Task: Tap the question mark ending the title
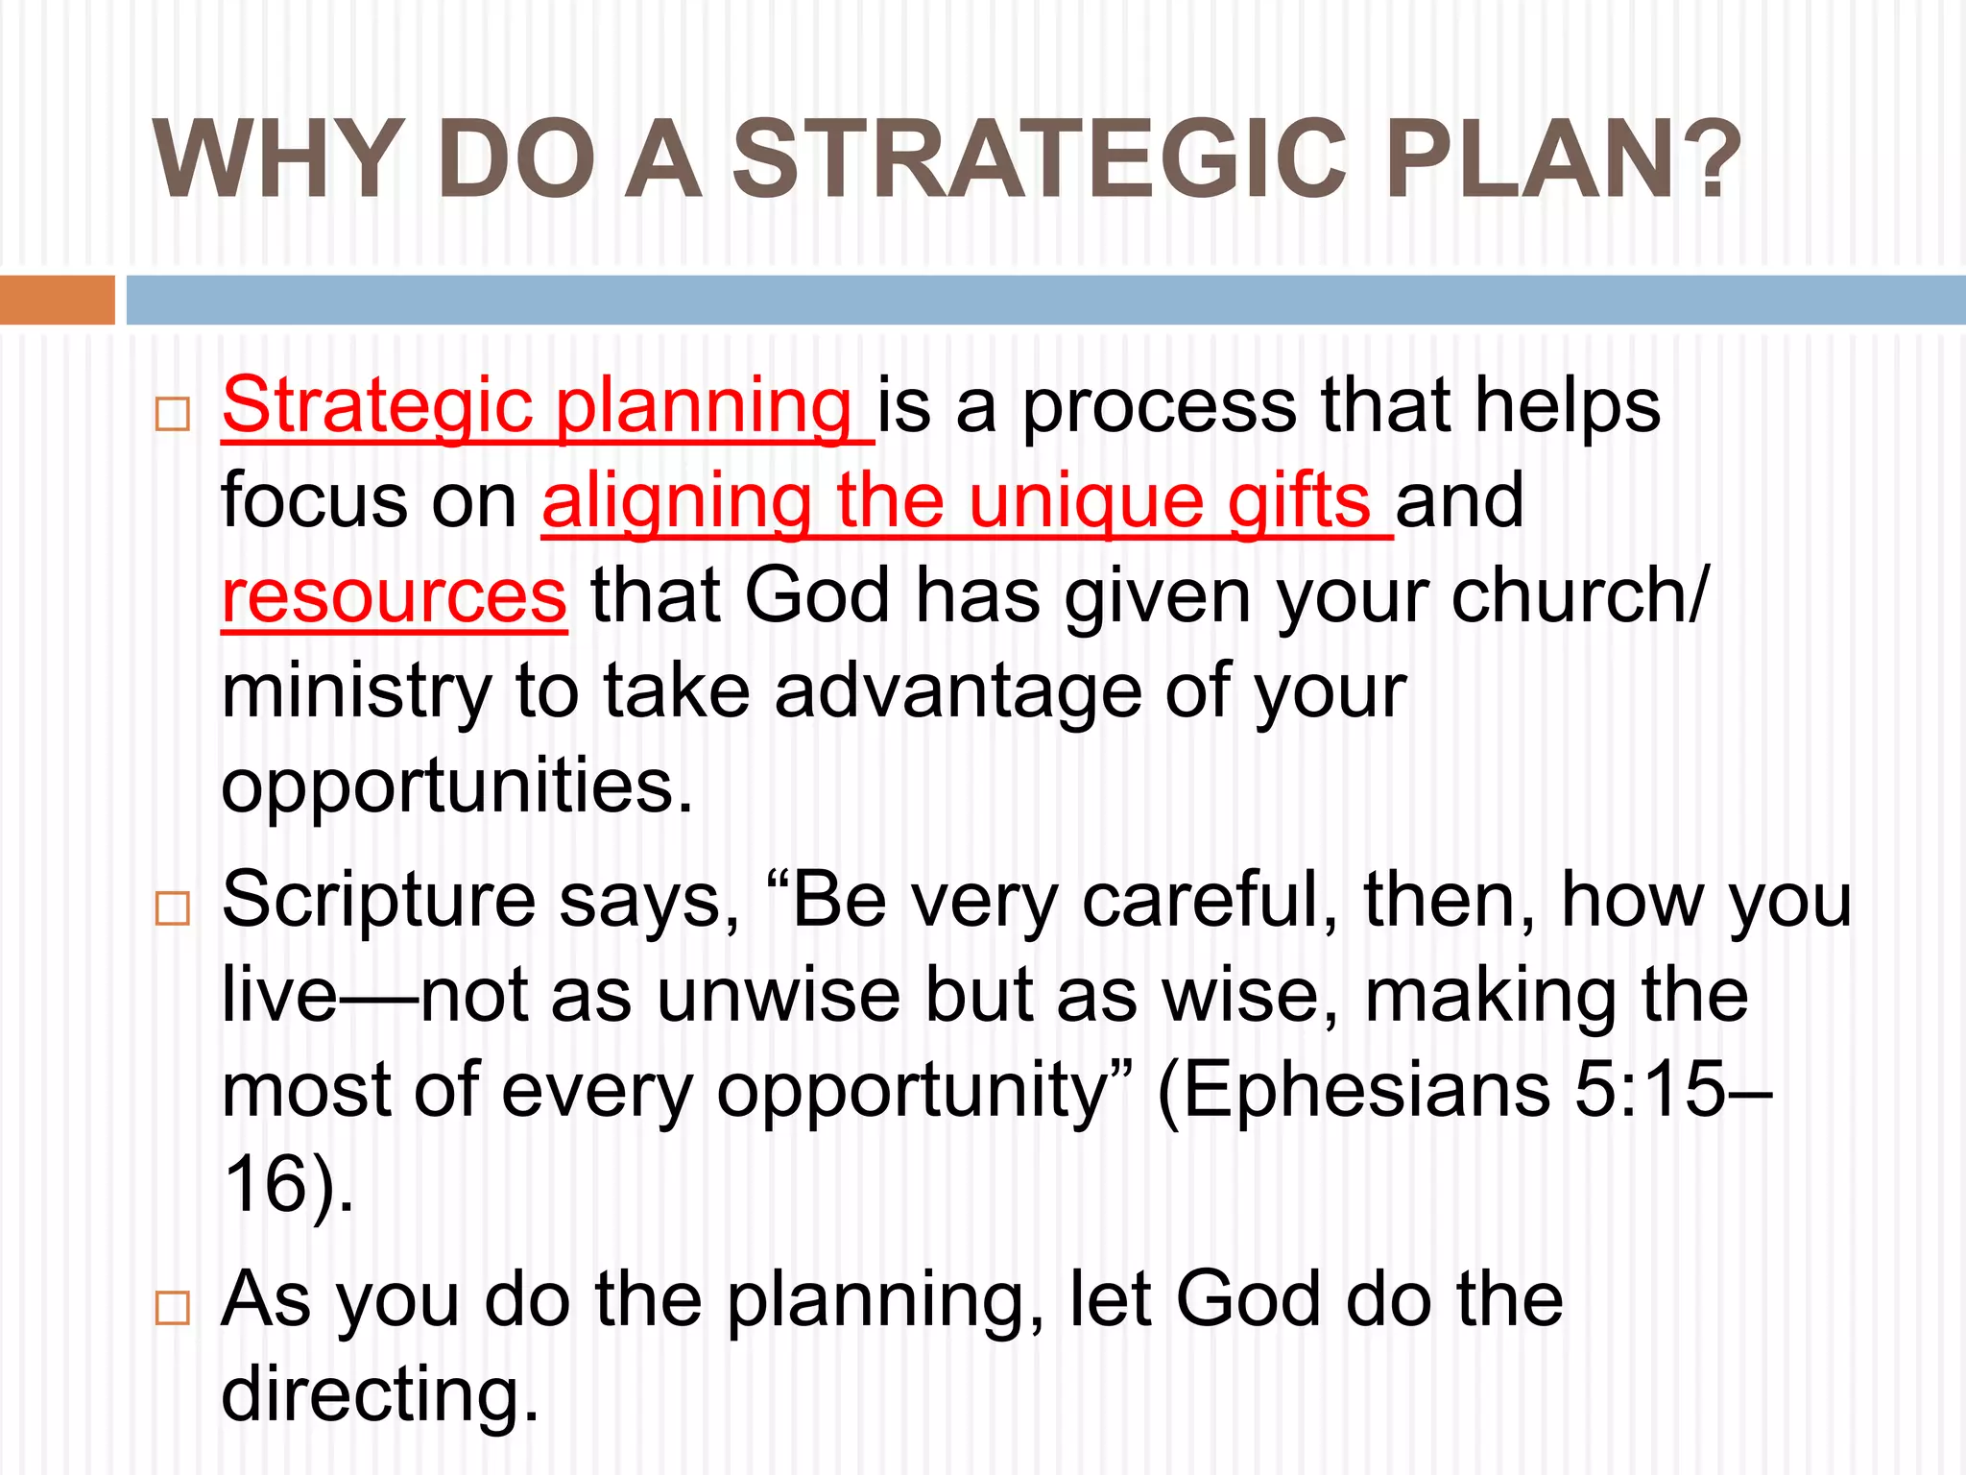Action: pos(1709,159)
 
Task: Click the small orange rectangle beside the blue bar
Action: pos(57,300)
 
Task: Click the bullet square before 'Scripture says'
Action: pos(173,907)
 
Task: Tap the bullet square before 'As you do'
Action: pos(173,1307)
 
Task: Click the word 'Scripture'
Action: pos(378,901)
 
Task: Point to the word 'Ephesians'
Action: pos(1354,1091)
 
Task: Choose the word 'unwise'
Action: pos(778,996)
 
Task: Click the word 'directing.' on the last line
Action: pos(380,1394)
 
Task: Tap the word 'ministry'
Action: pos(356,691)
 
